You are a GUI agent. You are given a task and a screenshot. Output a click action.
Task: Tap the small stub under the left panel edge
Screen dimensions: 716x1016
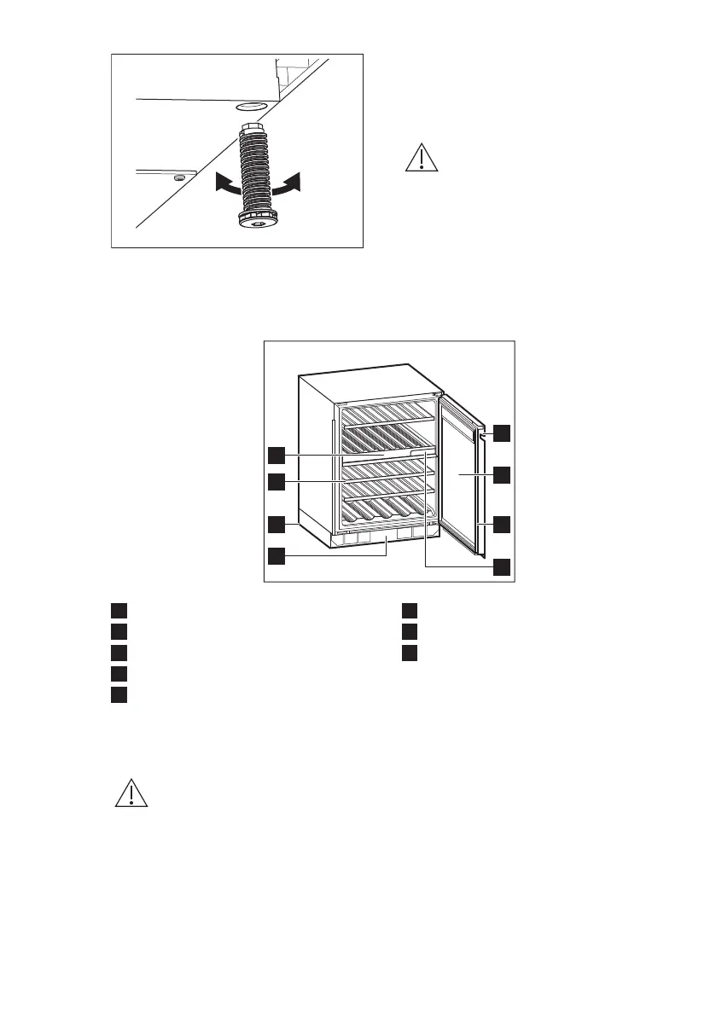(178, 177)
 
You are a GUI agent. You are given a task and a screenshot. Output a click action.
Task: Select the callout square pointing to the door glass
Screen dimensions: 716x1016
(502, 474)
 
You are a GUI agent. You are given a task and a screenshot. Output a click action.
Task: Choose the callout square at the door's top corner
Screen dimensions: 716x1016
(502, 433)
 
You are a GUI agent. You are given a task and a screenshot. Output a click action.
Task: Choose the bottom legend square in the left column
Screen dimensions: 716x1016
(118, 694)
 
